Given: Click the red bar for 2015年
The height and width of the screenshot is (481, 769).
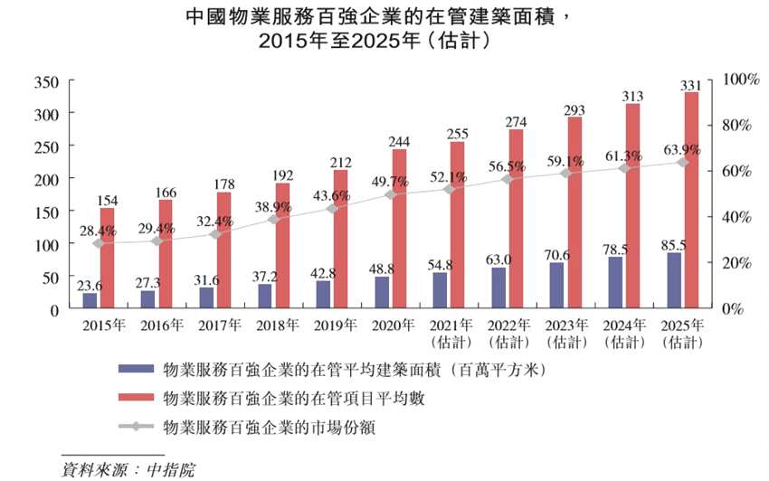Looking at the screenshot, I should pos(107,259).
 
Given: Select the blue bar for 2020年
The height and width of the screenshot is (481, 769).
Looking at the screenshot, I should pos(382,293).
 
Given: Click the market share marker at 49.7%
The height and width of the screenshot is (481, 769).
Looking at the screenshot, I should pos(391,194).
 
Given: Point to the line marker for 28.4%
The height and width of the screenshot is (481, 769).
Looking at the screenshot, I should pos(99,243).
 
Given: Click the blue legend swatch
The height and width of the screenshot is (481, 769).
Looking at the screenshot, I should pos(134,370).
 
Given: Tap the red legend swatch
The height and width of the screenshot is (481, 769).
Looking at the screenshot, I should pos(134,398).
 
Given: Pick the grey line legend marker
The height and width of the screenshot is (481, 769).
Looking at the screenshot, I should pos(134,426).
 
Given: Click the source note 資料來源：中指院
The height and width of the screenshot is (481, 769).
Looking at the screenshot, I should pos(128,469).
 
